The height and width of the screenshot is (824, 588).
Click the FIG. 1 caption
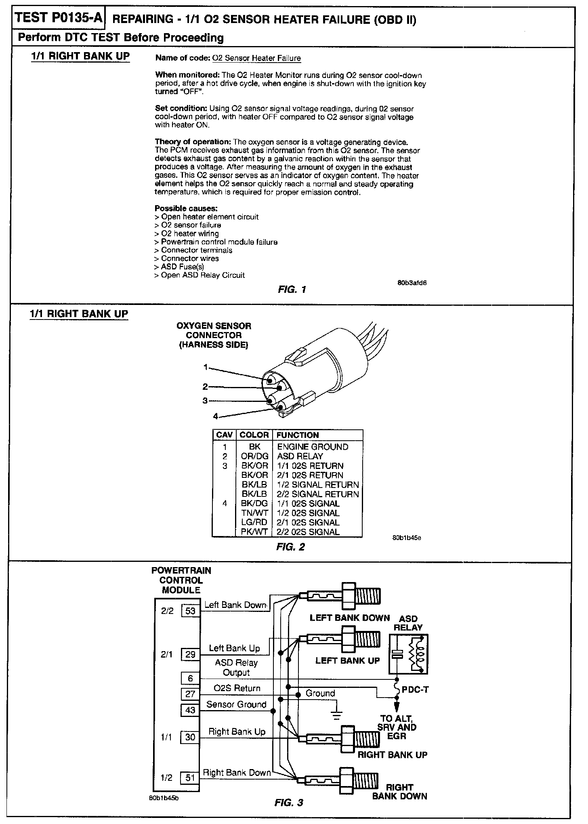click(292, 289)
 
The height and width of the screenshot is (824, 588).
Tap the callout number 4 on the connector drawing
click(216, 416)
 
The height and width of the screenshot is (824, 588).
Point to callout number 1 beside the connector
click(206, 367)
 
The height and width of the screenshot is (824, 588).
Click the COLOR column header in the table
click(254, 435)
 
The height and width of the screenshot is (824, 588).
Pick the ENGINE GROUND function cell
click(312, 447)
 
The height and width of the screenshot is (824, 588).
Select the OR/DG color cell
click(254, 456)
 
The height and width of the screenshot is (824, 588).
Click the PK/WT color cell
click(254, 532)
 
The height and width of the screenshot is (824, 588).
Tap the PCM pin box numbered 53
click(190, 611)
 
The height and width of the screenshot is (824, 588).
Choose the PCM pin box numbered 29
click(190, 654)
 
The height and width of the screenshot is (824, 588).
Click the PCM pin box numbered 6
click(190, 679)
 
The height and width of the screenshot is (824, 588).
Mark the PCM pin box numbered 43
click(190, 710)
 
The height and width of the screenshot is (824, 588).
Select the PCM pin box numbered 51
click(190, 778)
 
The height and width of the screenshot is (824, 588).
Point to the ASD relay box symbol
click(408, 654)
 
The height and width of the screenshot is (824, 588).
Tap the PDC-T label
click(415, 689)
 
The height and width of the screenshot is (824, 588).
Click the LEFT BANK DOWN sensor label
click(349, 618)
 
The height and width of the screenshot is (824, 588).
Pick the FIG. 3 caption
click(289, 803)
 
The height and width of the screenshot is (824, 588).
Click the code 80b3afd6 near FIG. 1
click(412, 283)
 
